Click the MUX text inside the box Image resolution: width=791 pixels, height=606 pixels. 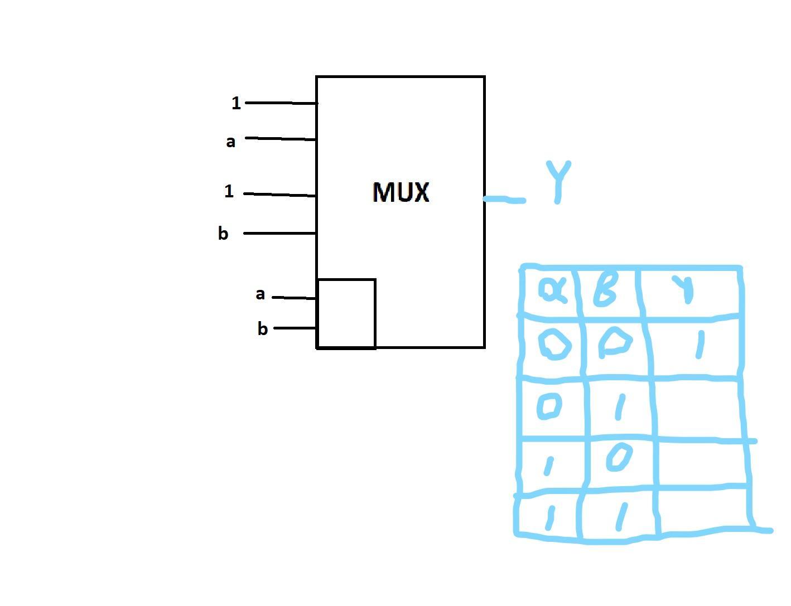(401, 192)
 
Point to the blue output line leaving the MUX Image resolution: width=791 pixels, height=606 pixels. (504, 199)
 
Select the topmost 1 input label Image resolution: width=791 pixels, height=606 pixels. (236, 103)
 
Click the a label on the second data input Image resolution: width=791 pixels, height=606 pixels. (230, 142)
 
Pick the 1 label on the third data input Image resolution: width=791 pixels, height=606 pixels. (229, 192)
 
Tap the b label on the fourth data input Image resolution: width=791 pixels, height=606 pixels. (223, 234)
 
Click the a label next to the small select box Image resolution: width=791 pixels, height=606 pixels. (260, 294)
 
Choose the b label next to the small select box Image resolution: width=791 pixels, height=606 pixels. (263, 329)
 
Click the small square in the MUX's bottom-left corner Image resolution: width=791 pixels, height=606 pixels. (346, 313)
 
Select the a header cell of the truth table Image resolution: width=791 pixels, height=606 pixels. (552, 290)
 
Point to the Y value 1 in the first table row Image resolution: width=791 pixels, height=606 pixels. (700, 346)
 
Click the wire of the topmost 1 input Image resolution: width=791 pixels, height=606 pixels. (281, 103)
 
